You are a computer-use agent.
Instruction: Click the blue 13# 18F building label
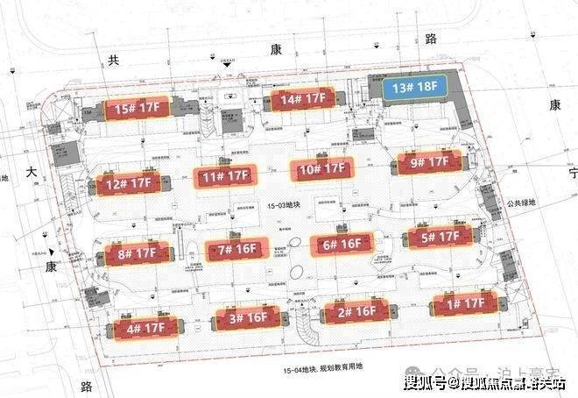[413, 87]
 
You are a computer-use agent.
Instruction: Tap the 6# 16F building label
[341, 245]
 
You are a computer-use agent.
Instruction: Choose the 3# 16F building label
[249, 317]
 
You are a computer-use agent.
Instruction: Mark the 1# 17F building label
[464, 303]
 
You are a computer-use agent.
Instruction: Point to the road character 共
[111, 60]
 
